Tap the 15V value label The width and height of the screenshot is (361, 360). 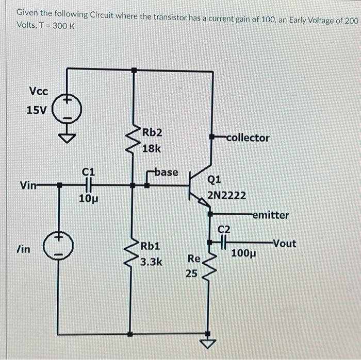pos(36,110)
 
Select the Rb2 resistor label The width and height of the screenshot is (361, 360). pos(152,132)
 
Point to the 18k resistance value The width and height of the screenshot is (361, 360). pos(152,149)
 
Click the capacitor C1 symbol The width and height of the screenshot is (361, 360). pos(89,184)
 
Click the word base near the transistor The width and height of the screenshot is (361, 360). pos(166,172)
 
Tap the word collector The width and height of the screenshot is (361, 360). pos(248,138)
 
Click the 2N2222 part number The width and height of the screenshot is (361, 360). pos(226,196)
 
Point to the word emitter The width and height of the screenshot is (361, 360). pos(271,215)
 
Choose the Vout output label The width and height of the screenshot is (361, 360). pos(284,243)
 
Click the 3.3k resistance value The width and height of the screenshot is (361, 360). pos(152,261)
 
